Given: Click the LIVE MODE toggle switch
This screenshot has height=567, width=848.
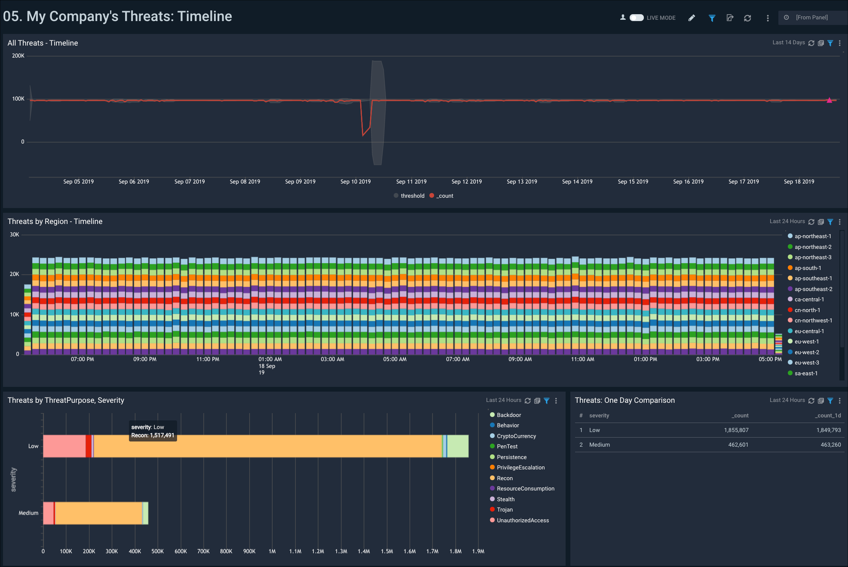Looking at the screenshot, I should [636, 18].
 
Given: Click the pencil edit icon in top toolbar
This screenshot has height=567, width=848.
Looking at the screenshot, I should [692, 18].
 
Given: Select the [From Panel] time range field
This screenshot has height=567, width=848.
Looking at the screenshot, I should [811, 18].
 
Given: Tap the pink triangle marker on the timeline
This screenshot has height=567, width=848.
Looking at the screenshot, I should [829, 100].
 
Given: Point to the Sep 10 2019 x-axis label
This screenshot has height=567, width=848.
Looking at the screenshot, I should [355, 181].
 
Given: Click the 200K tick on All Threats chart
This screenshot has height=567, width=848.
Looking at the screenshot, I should [18, 56].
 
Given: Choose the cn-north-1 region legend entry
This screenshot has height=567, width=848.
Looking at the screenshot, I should [807, 310].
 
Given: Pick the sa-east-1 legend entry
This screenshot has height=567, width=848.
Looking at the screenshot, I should [805, 373].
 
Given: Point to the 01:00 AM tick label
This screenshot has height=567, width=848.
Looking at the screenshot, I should [270, 359].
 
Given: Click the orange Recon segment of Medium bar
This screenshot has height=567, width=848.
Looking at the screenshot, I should [99, 513].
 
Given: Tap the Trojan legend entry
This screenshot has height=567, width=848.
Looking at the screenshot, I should [504, 509].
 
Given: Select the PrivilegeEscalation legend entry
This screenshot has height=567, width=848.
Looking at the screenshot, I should [520, 467].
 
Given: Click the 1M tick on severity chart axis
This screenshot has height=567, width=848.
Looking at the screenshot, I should [272, 551].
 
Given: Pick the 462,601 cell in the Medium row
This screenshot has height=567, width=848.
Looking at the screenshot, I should [738, 444].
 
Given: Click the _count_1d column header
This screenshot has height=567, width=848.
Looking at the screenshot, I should [828, 415].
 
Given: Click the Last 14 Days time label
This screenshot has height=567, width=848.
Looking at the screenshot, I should [788, 43].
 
